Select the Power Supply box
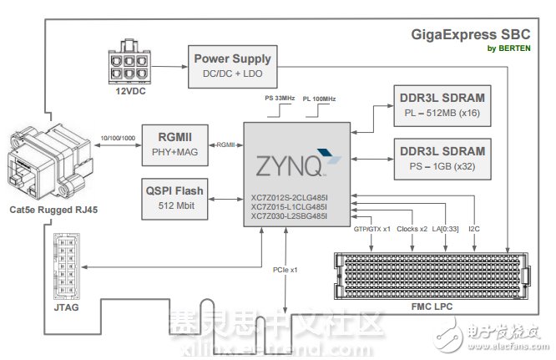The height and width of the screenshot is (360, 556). [x=232, y=65]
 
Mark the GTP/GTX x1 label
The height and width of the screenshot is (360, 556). [x=374, y=227]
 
